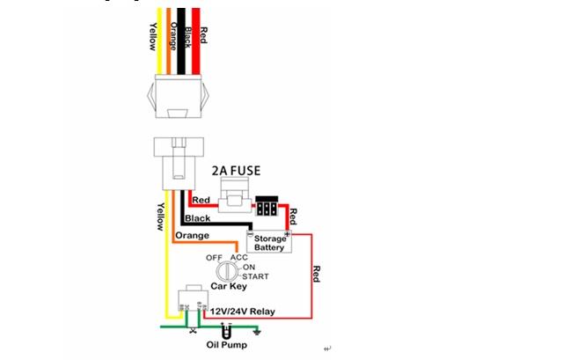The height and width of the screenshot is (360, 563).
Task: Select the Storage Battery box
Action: [x=268, y=243]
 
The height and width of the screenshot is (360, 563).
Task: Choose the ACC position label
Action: [x=239, y=257]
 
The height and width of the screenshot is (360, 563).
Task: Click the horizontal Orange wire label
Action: [x=191, y=236]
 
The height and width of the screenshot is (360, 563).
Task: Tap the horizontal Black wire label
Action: [x=198, y=217]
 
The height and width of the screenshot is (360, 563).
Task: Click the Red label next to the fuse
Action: [x=201, y=200]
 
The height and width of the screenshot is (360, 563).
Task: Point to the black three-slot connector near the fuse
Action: [x=267, y=209]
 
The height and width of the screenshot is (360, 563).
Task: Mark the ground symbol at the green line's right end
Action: [x=256, y=331]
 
